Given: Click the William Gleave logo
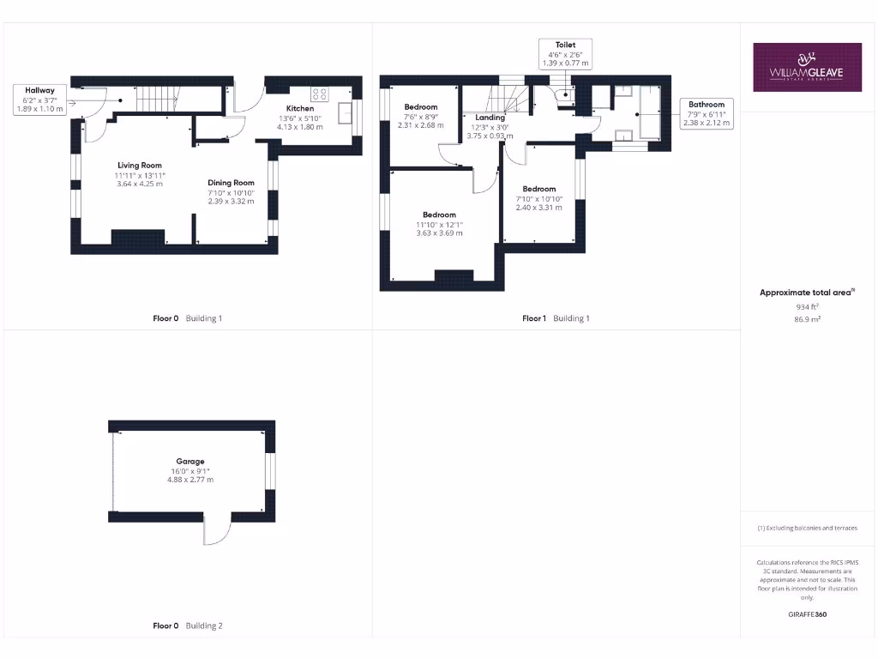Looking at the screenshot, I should [x=808, y=67].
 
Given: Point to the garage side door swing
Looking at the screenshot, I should [x=216, y=532].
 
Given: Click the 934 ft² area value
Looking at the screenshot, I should [x=807, y=305].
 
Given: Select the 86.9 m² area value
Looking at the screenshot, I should [x=807, y=318].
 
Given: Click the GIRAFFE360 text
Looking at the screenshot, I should [x=807, y=614].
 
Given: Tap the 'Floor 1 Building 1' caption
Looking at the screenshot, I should [x=556, y=318].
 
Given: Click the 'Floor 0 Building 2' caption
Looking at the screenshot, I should [x=187, y=626].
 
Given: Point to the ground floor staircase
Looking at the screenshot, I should [x=156, y=97].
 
